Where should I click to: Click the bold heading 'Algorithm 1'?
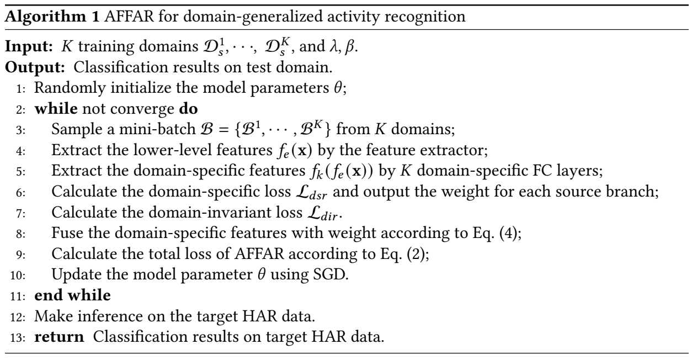52,17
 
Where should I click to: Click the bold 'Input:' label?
29,47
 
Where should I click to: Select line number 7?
21,213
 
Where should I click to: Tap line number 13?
18,338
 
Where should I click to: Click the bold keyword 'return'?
59,337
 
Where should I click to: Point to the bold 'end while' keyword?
72,295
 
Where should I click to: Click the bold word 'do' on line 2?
188,109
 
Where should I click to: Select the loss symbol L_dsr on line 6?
311,192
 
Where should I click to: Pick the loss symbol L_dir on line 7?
323,213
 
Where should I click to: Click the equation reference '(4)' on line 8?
508,233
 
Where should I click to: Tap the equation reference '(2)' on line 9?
416,254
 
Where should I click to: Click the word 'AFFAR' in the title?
129,17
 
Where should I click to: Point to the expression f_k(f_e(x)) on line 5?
342,171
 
